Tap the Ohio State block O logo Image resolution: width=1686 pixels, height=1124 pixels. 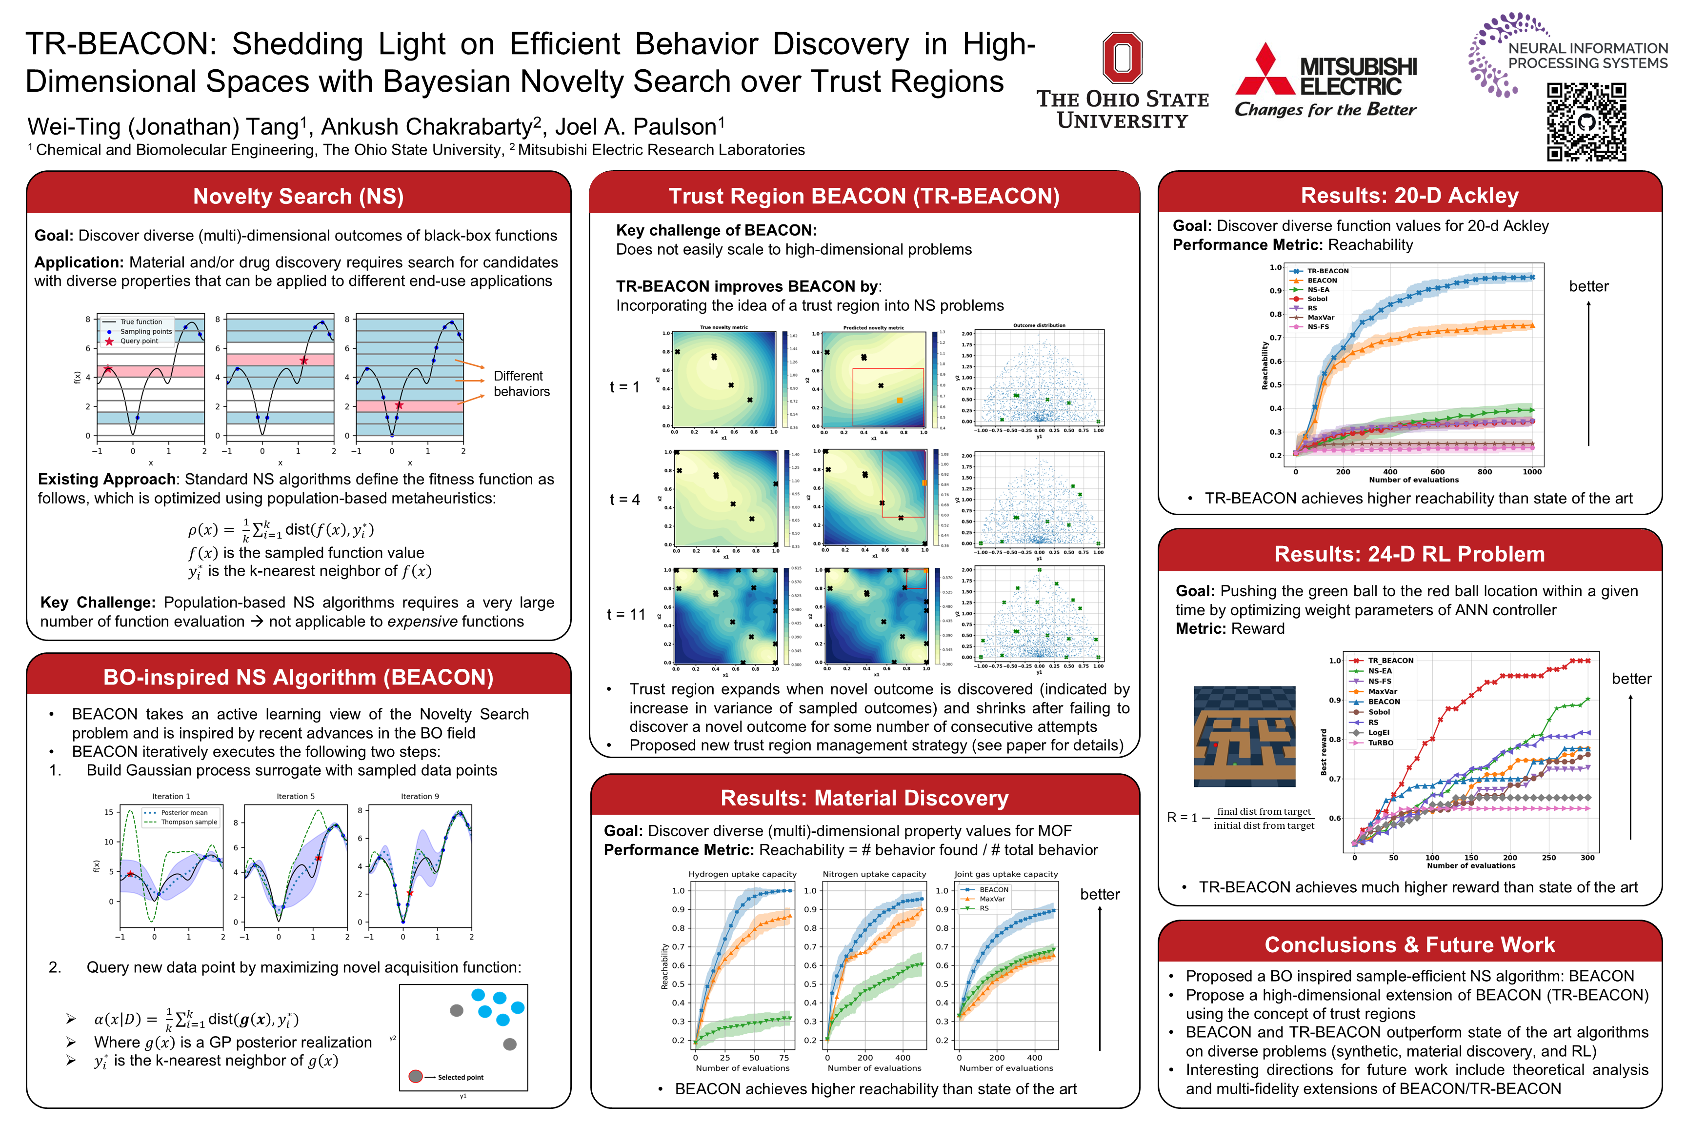1122,58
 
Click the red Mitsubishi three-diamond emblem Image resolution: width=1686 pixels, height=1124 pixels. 1265,70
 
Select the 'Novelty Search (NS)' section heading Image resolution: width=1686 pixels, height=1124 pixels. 298,196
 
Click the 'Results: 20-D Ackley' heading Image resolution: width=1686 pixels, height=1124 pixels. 1409,195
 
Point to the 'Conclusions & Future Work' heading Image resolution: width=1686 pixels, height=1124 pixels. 1409,944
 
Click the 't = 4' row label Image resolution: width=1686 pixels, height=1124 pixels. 624,500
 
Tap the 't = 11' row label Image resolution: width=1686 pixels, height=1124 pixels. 626,614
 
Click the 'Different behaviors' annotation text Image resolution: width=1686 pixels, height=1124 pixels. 521,383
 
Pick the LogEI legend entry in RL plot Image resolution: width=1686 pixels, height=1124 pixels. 1378,733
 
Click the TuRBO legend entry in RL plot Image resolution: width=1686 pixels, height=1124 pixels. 1380,743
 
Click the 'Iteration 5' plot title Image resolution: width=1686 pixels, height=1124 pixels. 295,796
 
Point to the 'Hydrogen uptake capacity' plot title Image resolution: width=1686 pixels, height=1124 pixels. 742,874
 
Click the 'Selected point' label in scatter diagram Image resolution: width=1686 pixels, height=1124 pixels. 460,1077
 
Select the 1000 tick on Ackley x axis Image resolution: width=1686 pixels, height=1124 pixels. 1532,472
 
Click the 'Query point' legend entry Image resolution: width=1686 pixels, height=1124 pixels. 139,341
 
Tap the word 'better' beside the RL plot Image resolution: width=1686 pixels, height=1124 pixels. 1631,679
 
